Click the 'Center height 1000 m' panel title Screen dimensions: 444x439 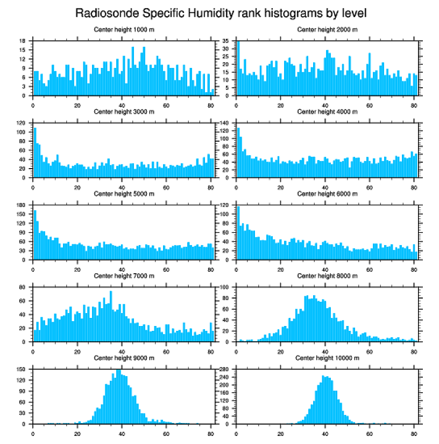click(124, 29)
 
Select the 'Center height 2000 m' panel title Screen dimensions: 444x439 click(327, 29)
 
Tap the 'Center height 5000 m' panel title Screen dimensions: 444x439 click(124, 193)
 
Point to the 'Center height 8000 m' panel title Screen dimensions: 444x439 click(327, 275)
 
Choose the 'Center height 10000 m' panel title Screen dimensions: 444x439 click(327, 358)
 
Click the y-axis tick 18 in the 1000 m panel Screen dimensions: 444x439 click(23, 41)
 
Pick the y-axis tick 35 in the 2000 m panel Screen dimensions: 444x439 click(226, 41)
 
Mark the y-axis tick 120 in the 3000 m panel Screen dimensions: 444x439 click(22, 123)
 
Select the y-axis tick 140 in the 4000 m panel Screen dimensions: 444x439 click(225, 123)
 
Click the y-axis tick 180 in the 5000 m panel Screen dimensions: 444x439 click(22, 205)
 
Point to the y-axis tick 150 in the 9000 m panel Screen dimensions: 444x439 click(22, 370)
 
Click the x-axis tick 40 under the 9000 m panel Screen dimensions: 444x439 click(122, 432)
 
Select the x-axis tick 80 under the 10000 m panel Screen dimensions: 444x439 click(414, 432)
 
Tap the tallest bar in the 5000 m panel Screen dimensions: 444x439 click(36, 235)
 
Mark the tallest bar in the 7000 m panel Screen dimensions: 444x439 click(111, 316)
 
